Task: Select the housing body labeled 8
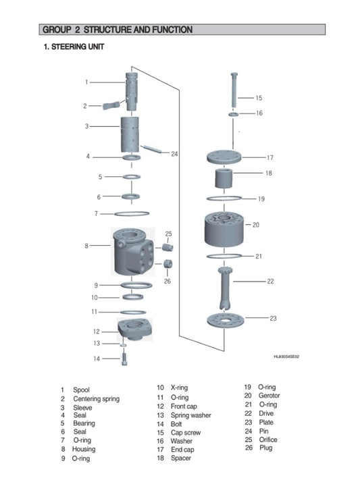[132, 253]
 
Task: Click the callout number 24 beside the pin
[174, 154]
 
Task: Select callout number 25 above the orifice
[168, 234]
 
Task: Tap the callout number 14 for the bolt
[97, 358]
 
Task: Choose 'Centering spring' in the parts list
[96, 399]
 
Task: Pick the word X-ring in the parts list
[170, 388]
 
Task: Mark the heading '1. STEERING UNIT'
[74, 47]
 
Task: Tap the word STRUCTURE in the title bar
[110, 30]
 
